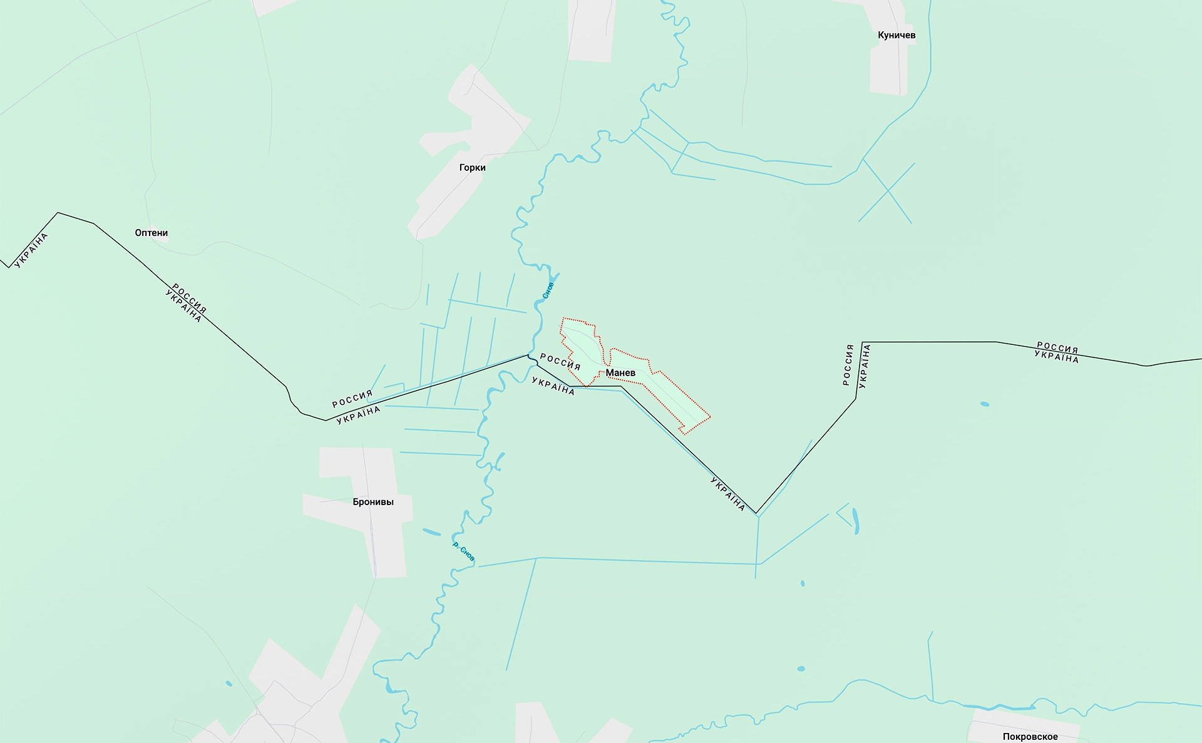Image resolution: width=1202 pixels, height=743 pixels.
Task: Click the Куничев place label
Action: click(896, 35)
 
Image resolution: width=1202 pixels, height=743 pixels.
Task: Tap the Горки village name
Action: click(472, 167)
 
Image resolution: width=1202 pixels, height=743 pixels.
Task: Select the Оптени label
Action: click(152, 233)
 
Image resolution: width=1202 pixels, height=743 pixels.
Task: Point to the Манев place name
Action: click(620, 373)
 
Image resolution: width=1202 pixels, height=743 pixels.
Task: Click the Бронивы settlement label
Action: click(373, 502)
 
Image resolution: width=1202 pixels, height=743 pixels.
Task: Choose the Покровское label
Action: click(1030, 736)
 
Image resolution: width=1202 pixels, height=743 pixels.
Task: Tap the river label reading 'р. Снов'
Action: click(463, 551)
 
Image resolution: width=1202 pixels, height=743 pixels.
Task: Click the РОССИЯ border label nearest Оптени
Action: click(189, 298)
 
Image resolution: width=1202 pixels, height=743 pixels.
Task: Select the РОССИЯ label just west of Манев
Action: click(560, 361)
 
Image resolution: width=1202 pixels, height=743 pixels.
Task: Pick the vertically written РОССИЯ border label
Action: click(848, 364)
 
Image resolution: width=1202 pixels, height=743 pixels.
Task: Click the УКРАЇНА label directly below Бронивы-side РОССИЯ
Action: click(359, 415)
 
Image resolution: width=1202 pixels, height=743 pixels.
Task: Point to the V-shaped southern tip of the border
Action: click(756, 513)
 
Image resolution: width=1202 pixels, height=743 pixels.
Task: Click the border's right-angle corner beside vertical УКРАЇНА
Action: click(863, 342)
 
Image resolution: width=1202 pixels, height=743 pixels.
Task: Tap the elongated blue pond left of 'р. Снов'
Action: click(431, 532)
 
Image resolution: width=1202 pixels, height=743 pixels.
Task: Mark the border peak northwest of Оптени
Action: click(58, 213)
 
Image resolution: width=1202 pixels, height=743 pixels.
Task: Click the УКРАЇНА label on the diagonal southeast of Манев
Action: click(727, 494)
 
